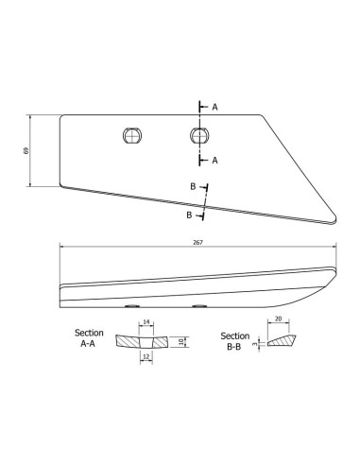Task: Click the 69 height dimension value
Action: (x=26, y=150)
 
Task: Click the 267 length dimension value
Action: (x=198, y=242)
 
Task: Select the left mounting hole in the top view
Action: (x=132, y=135)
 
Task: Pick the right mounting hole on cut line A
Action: (x=199, y=135)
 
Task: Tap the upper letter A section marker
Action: (x=214, y=107)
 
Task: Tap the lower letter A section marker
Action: (x=214, y=161)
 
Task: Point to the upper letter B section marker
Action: (x=193, y=186)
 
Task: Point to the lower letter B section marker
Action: (x=189, y=215)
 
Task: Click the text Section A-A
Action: (x=89, y=338)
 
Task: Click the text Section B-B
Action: (x=234, y=341)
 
